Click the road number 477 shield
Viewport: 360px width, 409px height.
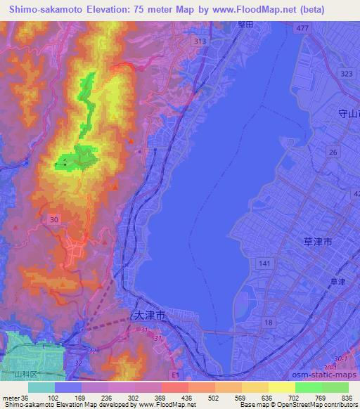click(302, 27)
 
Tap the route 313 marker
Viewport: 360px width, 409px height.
click(201, 41)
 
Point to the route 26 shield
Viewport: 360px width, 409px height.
click(334, 152)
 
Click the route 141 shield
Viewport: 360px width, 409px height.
click(265, 263)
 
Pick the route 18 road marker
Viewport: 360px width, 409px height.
click(268, 321)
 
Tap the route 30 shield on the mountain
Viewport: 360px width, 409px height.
click(54, 220)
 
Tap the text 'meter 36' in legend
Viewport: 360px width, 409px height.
click(15, 397)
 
